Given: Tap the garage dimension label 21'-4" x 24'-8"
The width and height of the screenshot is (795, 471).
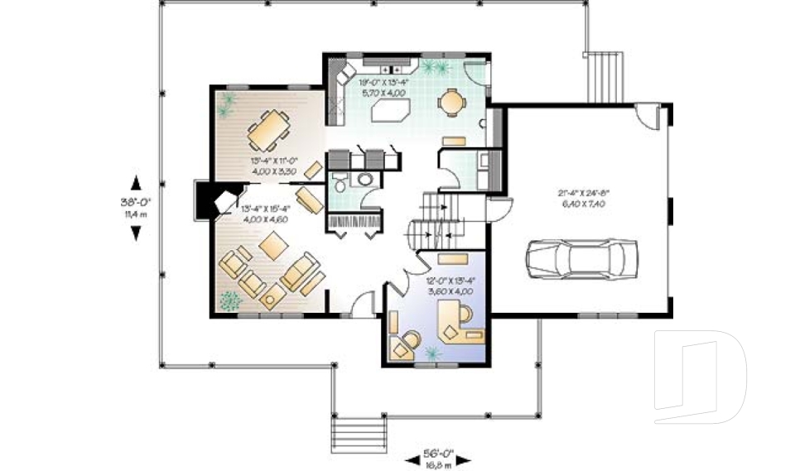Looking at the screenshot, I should (585, 199).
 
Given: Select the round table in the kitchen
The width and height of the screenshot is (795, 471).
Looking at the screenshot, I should (452, 102).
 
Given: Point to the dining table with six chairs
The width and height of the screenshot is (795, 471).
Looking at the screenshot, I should (268, 128).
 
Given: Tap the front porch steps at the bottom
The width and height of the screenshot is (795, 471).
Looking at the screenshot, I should (359, 431).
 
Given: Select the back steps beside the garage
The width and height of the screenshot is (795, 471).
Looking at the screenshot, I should (604, 75).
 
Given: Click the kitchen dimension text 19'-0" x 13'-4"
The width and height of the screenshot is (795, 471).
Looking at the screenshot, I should (382, 86).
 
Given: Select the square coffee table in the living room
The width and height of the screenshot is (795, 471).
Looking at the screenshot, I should (271, 247).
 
